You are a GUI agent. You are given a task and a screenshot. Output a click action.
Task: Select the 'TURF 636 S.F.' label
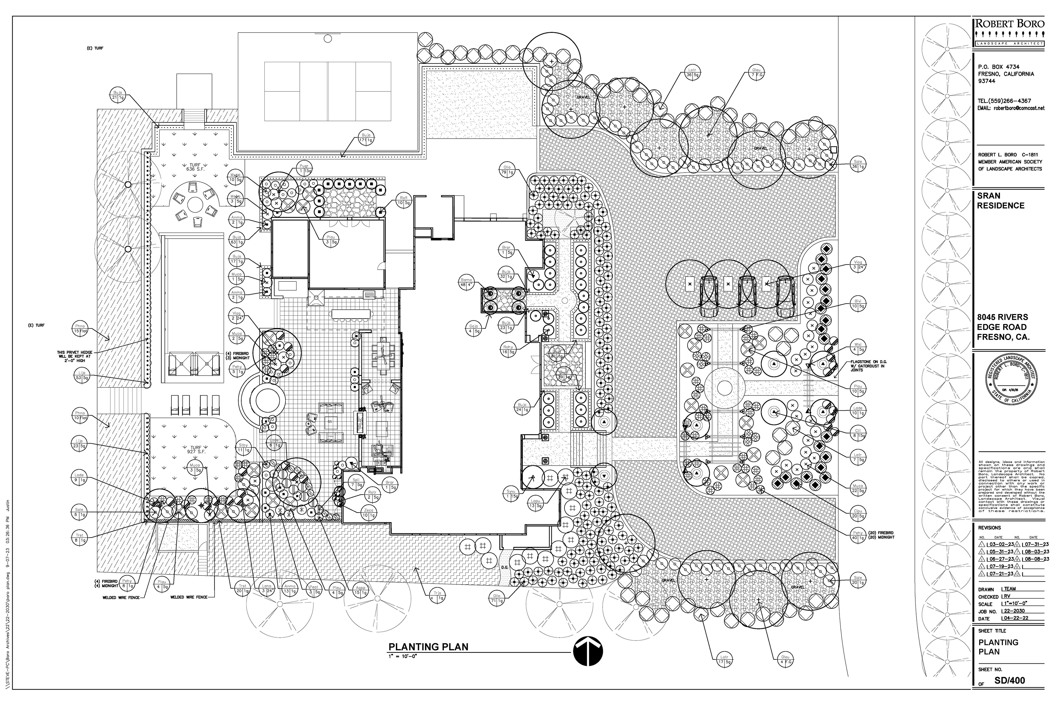[195, 166]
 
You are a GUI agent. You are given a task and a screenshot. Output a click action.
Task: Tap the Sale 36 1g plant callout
[858, 164]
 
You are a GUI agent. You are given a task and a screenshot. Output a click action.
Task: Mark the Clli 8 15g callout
[858, 433]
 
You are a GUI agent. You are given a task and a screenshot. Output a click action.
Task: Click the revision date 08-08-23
[1035, 558]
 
